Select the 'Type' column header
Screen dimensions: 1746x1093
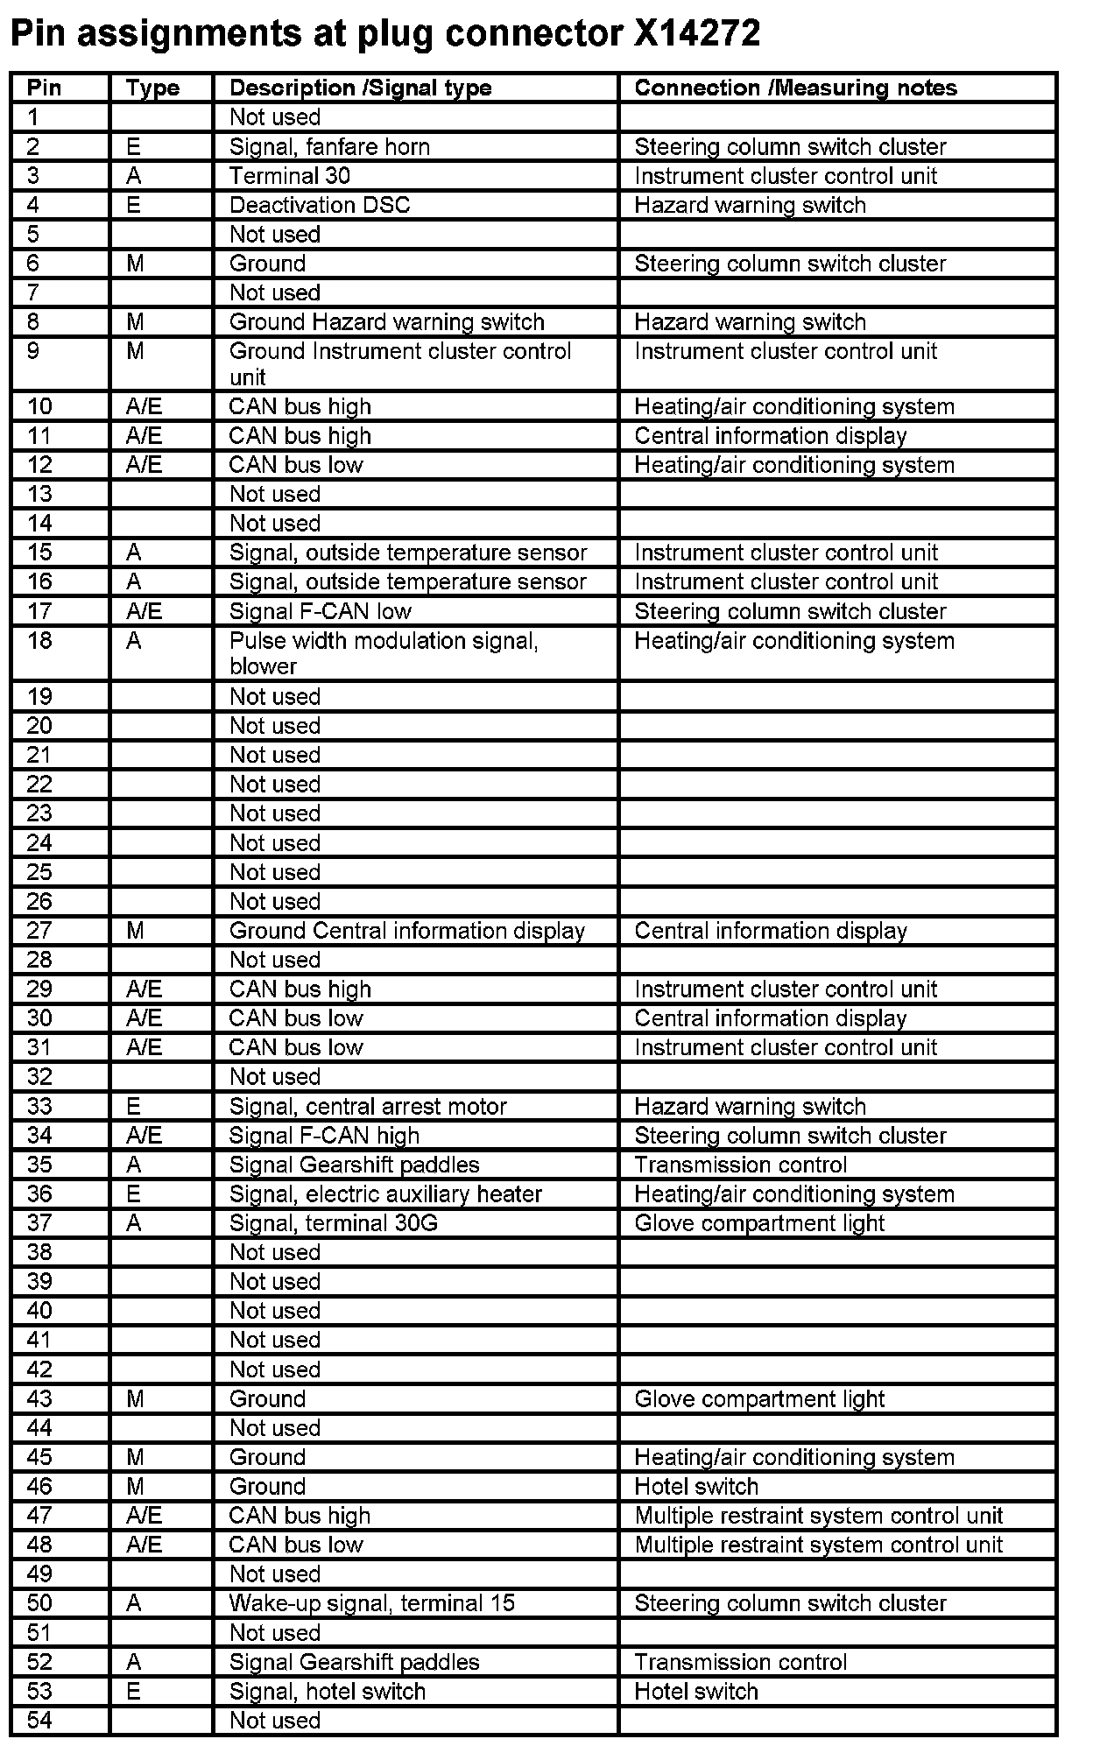tap(152, 88)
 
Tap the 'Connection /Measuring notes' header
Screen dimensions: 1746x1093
tap(795, 88)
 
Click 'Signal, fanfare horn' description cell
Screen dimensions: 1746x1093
tap(329, 146)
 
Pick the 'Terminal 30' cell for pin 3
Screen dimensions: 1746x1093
tap(290, 176)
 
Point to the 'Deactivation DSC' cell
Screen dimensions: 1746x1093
tap(320, 205)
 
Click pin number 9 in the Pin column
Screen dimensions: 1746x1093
tap(33, 351)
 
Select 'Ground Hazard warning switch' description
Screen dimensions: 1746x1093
tap(386, 322)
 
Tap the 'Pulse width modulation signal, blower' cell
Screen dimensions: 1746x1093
tap(384, 653)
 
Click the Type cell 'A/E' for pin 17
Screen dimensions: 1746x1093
tap(144, 611)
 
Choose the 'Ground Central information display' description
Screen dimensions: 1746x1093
tap(406, 931)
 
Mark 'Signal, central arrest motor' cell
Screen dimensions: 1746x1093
tap(368, 1106)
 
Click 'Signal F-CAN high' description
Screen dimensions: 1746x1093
tap(324, 1136)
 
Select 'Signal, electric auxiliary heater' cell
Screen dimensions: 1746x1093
tap(385, 1194)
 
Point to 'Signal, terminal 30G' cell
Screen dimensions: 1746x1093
tap(333, 1223)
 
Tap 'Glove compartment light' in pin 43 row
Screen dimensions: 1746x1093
tap(759, 1399)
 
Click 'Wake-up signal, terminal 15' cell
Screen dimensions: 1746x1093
tap(372, 1603)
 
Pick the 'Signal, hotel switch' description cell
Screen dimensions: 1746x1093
tap(328, 1692)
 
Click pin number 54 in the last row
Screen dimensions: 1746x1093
tap(39, 1721)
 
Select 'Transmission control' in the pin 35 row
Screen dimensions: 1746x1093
tap(740, 1165)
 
